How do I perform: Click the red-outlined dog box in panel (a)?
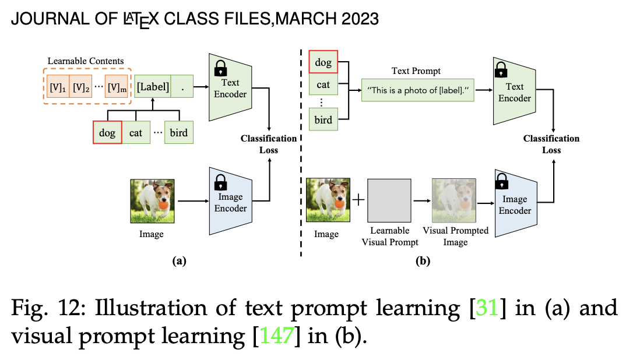tap(107, 133)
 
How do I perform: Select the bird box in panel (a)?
tap(179, 133)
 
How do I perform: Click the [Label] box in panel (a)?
tap(153, 87)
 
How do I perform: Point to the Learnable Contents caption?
tap(86, 61)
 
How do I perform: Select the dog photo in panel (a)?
tap(151, 201)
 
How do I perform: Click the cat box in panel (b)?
tap(323, 84)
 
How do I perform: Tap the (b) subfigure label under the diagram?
tap(423, 262)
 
